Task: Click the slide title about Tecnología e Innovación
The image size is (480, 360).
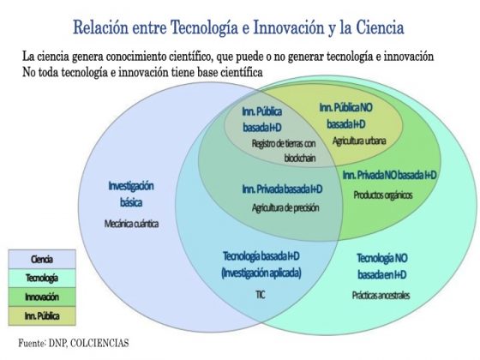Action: pos(238,27)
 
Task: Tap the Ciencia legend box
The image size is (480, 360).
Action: pos(42,259)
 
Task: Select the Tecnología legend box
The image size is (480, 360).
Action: pos(42,278)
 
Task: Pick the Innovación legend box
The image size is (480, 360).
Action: pos(42,297)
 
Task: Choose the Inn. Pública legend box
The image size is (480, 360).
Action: pos(42,316)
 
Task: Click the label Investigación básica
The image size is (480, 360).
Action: pos(131,194)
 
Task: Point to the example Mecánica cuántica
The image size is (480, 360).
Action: pos(131,224)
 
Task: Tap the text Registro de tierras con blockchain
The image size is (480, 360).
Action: pos(284,151)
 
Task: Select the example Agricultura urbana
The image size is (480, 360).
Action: pos(359,141)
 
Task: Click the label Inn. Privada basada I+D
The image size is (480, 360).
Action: pos(282,189)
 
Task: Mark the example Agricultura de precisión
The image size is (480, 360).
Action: pos(285,207)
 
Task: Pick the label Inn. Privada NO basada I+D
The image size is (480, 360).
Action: pos(389,175)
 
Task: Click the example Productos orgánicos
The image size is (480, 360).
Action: pos(383,195)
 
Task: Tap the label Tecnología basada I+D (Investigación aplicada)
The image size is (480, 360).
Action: pos(261,264)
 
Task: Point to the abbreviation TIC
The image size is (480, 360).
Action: pos(261,295)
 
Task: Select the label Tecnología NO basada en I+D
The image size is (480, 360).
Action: pos(382,267)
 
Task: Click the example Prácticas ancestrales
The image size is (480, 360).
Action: pos(381,296)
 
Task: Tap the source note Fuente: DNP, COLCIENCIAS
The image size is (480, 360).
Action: pos(74,343)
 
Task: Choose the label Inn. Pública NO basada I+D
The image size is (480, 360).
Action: pos(346,116)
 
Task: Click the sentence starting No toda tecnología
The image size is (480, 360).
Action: pos(142,73)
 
